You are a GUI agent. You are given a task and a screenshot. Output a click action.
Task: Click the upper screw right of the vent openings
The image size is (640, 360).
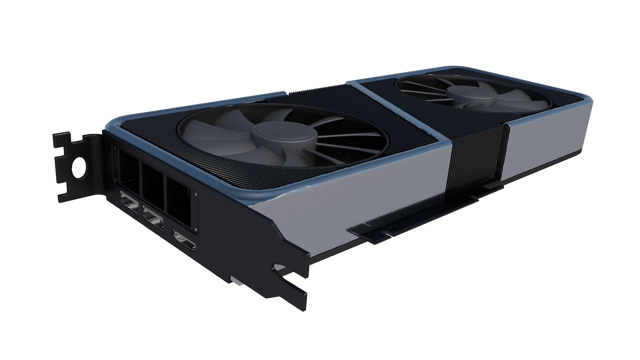[x=195, y=193]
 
